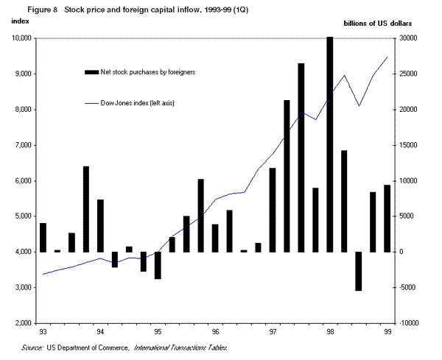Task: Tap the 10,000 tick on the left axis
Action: click(x=20, y=38)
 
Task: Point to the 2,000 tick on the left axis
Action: click(x=22, y=323)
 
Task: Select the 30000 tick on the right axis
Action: click(x=410, y=38)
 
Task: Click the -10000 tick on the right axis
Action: click(x=410, y=323)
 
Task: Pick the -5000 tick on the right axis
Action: click(x=410, y=288)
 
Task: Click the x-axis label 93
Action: click(x=43, y=332)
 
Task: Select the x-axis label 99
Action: click(x=387, y=332)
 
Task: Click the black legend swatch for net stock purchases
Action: click(x=91, y=71)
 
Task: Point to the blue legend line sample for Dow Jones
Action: click(x=91, y=103)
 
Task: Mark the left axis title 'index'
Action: click(x=20, y=24)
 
